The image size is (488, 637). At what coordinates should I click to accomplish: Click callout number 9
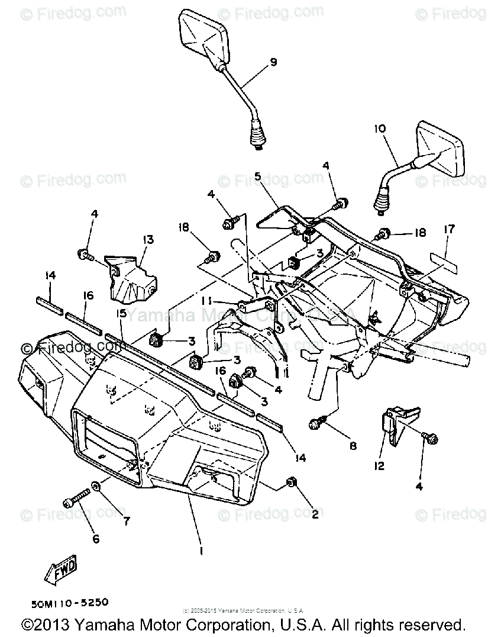point(273,62)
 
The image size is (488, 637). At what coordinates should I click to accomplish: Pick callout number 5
point(258,176)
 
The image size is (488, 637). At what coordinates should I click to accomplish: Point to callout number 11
point(207,301)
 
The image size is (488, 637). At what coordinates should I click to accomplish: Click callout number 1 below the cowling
point(202,551)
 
